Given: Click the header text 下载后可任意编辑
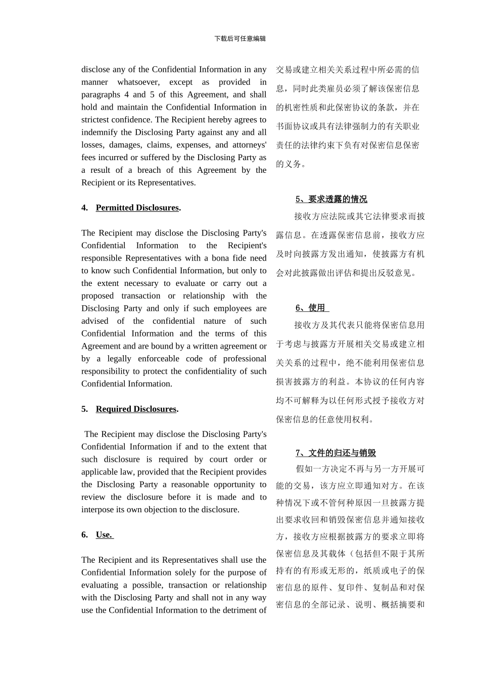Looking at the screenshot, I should pyautogui.click(x=240, y=38).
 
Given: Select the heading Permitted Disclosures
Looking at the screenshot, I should pyautogui.click(x=137, y=208).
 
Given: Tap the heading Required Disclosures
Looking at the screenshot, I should pyautogui.click(x=136, y=409).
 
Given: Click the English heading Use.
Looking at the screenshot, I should pyautogui.click(x=104, y=535).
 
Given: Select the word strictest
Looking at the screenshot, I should pyautogui.click(x=98, y=120).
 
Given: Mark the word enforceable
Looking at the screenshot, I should pyautogui.click(x=171, y=359).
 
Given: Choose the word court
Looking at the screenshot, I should pyautogui.click(x=219, y=459).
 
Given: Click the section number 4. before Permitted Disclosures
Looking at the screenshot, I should pyautogui.click(x=85, y=208).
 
